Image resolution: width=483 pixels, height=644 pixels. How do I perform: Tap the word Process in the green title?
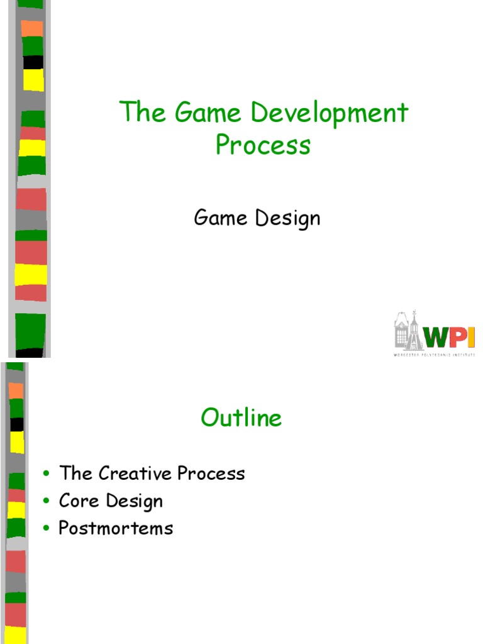[x=263, y=145]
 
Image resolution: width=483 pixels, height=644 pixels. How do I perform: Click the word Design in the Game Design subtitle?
[x=287, y=219]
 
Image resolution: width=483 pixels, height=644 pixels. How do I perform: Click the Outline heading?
[x=241, y=418]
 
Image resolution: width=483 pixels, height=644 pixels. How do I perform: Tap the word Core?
[x=79, y=501]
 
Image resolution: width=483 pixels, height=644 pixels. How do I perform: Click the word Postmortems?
[x=116, y=528]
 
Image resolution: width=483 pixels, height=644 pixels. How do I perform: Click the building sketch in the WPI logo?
[x=409, y=331]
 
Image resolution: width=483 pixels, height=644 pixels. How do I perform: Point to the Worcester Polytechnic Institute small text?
[x=434, y=355]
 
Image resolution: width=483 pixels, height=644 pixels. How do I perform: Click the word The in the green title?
[x=142, y=113]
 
